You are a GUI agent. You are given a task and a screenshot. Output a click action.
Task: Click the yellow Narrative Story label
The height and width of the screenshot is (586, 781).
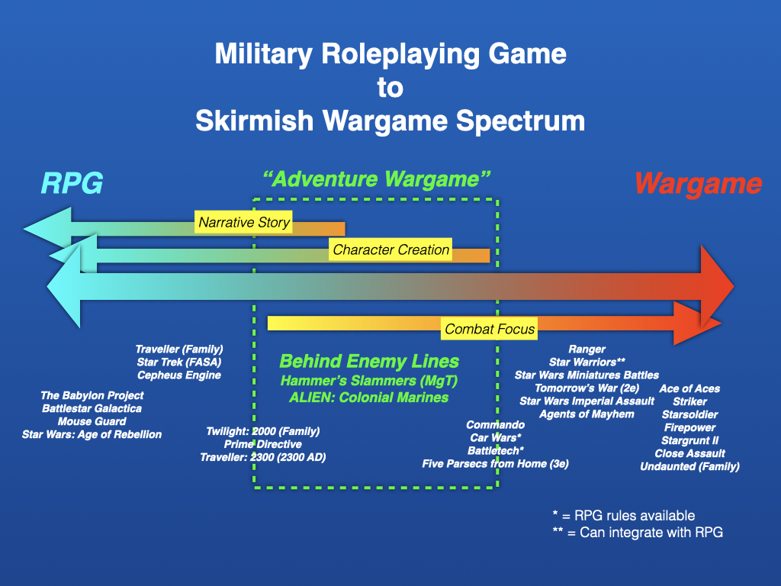point(243,222)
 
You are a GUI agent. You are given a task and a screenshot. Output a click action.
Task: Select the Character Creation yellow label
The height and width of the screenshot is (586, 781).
point(390,250)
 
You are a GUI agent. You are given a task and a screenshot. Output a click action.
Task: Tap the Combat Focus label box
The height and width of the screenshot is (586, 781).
point(489,329)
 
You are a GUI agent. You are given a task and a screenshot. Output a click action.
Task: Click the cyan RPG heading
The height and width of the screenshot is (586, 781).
point(72,183)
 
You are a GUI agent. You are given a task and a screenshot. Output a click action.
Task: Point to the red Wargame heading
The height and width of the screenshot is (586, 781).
point(698,184)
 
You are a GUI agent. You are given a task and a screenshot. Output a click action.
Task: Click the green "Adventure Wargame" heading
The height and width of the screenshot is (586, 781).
point(377,179)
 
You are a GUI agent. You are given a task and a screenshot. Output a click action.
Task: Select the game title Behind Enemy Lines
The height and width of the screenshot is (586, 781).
point(369,361)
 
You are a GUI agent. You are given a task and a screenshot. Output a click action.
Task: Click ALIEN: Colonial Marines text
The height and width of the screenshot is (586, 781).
point(368,397)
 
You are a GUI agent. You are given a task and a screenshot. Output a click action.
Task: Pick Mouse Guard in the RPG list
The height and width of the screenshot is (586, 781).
point(92,421)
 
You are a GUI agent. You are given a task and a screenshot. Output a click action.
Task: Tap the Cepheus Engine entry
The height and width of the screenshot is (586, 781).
point(178,375)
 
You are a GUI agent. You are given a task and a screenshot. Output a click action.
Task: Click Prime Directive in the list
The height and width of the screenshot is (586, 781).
point(262,444)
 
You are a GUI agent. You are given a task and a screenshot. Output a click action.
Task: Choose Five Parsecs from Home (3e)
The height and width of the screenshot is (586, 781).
point(495,464)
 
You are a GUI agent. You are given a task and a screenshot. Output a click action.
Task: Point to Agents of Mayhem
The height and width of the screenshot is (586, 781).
point(587,414)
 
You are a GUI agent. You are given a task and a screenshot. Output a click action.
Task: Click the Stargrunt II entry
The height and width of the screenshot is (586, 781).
point(689,440)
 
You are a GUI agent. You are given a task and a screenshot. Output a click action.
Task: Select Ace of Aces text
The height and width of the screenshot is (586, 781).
point(689,388)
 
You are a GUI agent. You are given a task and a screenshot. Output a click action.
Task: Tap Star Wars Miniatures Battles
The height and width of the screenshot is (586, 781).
point(587,375)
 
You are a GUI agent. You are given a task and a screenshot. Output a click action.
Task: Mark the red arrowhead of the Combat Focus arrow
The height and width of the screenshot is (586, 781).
point(697,324)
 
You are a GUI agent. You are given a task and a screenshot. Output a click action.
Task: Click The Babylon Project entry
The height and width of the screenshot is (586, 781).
point(92,396)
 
